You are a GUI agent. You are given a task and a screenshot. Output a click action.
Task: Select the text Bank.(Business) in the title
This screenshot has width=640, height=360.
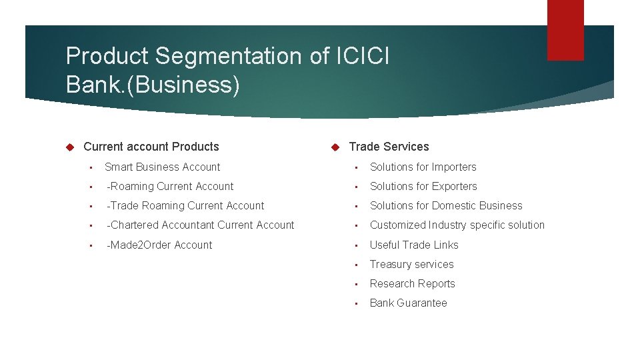point(153,85)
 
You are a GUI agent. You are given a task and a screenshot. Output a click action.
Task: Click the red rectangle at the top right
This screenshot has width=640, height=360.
point(565,29)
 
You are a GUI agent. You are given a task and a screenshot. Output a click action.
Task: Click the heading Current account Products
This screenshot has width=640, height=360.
point(151,147)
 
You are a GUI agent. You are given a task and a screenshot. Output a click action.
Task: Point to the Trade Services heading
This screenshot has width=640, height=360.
point(389,147)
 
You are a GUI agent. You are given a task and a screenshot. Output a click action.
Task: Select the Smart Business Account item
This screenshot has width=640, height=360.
point(162,167)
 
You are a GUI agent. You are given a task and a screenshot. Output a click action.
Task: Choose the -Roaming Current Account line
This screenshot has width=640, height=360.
point(170,187)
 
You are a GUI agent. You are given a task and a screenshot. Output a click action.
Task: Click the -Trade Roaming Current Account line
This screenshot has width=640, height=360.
point(185,206)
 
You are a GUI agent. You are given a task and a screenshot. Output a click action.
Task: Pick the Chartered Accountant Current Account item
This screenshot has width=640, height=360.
point(201,225)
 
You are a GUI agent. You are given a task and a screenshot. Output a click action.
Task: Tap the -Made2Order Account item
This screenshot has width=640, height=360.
point(159,245)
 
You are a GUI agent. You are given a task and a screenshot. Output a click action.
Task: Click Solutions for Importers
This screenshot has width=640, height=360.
point(423,167)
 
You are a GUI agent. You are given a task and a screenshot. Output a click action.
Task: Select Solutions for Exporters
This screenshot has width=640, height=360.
point(423,187)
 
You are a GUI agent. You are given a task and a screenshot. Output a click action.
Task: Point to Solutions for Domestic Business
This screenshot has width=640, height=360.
point(446,206)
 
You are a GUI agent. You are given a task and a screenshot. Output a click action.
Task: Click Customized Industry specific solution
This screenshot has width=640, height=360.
point(457,225)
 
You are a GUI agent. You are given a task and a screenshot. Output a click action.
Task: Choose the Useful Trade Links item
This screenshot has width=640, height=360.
point(414,245)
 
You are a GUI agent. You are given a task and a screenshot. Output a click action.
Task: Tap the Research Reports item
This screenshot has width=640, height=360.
point(412,284)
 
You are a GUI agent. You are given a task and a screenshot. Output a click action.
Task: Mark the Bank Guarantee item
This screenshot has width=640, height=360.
point(408,303)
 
